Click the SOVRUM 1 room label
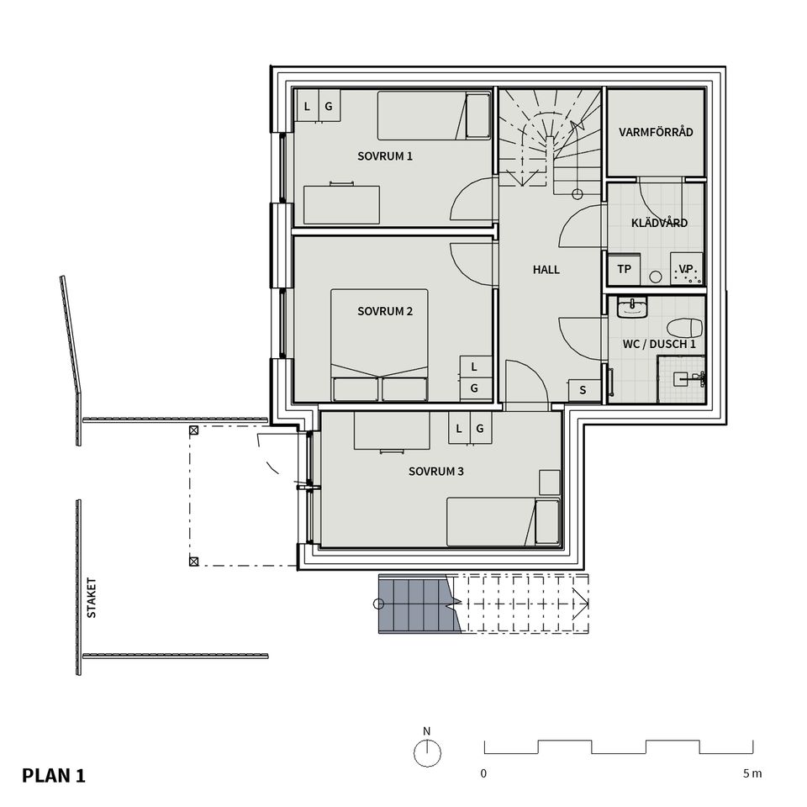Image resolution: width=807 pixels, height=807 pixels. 385,156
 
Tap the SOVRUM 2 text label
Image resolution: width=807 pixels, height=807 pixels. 385,311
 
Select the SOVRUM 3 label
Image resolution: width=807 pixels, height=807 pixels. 436,472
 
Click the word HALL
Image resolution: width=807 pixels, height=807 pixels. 546,270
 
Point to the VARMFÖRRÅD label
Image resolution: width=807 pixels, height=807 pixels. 656,132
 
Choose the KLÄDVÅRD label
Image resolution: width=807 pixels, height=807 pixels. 659,223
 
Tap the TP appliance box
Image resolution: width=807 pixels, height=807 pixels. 624,270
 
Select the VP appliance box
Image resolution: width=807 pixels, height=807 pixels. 686,270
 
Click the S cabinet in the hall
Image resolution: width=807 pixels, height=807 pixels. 583,390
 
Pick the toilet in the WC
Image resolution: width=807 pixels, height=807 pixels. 683,327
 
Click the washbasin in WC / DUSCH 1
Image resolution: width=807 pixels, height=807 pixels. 630,308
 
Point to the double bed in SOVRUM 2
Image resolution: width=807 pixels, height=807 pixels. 379,345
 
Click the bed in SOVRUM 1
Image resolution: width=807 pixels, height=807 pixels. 434,116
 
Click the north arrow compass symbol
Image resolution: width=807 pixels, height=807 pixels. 427,753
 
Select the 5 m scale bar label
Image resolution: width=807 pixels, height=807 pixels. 752,773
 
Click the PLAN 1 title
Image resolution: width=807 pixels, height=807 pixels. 54,775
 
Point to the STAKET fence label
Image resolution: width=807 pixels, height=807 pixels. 92,598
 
